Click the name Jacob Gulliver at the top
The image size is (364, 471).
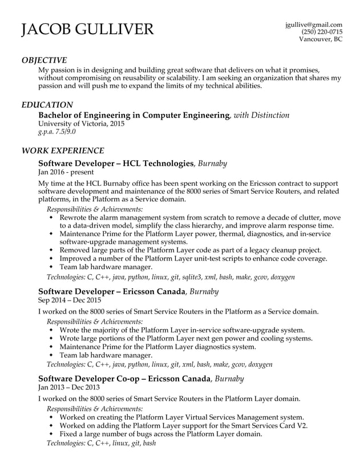[x=87, y=30]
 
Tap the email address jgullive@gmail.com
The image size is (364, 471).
[x=313, y=25]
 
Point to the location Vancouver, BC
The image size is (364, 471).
[x=321, y=39]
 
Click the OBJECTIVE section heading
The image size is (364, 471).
[x=44, y=60]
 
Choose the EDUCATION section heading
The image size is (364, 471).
[x=47, y=105]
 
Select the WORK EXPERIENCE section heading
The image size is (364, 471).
[x=62, y=151]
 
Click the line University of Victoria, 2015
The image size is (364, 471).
[x=80, y=124]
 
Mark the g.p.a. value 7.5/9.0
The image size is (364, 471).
[x=56, y=132]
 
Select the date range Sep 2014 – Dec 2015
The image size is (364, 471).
[x=69, y=300]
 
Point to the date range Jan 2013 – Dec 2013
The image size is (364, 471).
[x=69, y=387]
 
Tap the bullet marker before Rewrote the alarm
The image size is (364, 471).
[x=53, y=218]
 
